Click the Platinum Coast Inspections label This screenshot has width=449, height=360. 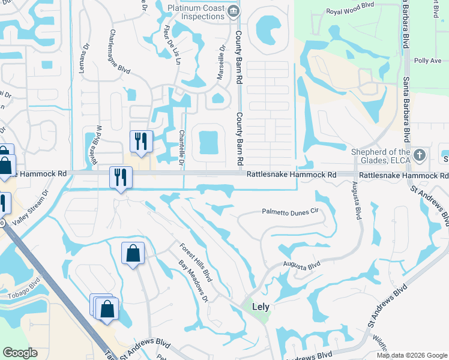coord(196,11)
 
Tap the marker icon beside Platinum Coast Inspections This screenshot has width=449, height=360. coord(234,10)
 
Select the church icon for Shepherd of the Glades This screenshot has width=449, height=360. coord(420,155)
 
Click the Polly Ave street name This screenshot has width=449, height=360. coord(427,61)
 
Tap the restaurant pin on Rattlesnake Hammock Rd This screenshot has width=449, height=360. coord(121,177)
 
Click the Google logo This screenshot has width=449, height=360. coord(20,353)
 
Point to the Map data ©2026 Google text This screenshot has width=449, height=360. coord(412,355)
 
